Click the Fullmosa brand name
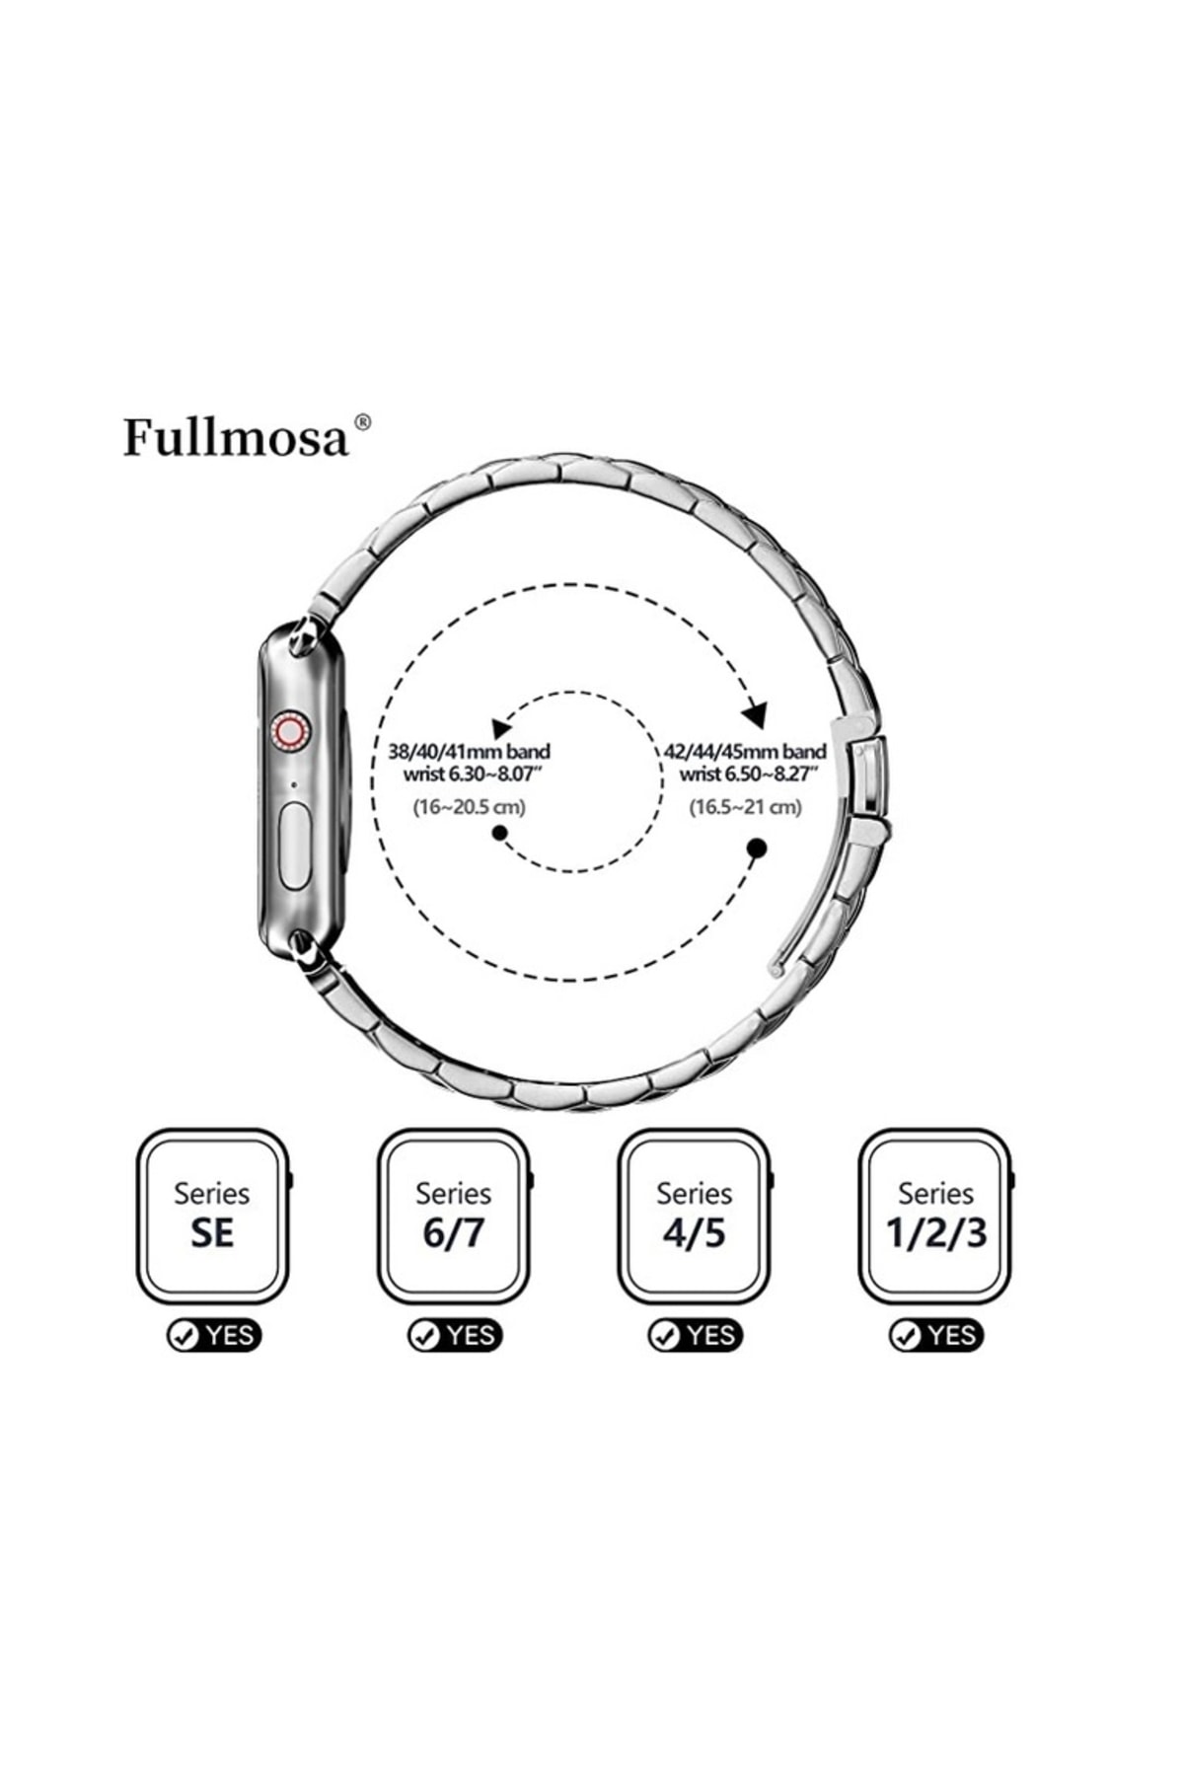click(x=236, y=437)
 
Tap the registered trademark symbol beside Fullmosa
click(x=362, y=422)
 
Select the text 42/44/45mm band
click(x=745, y=752)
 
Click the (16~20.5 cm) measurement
click(x=469, y=807)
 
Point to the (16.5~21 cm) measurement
click(x=745, y=807)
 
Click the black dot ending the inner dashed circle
click(x=500, y=834)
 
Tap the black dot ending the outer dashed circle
click(x=757, y=848)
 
